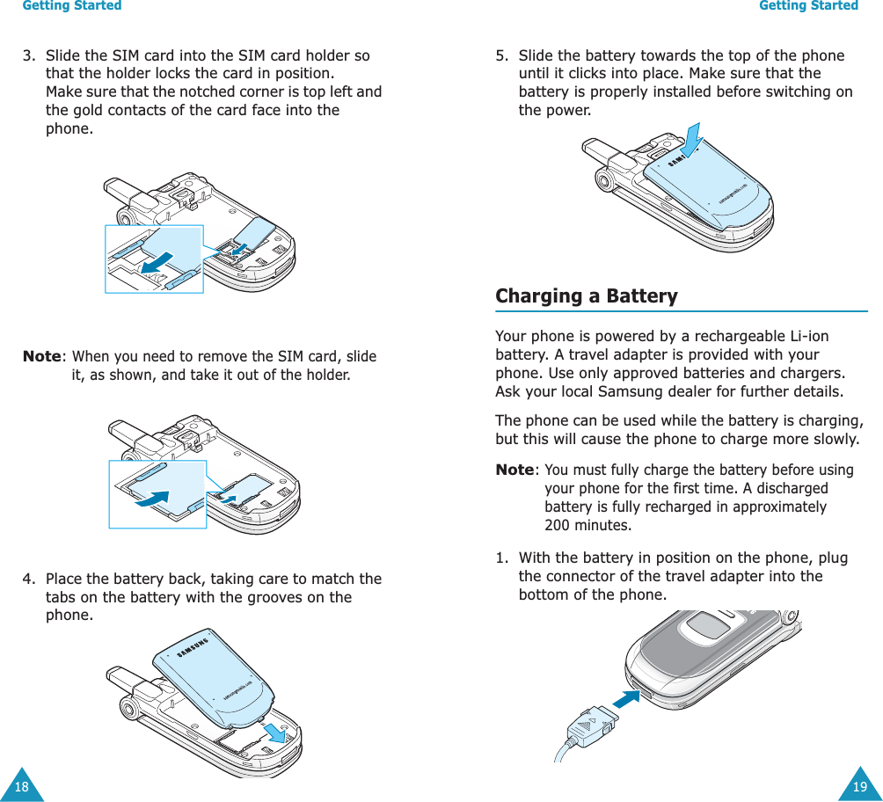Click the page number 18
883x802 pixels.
[x=21, y=786]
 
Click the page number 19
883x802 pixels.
[x=859, y=786]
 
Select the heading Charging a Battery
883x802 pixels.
[x=587, y=296]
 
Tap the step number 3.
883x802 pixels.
[x=28, y=55]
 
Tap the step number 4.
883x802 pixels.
[x=28, y=579]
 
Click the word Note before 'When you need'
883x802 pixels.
[x=41, y=357]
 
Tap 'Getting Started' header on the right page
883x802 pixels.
[x=808, y=6]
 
